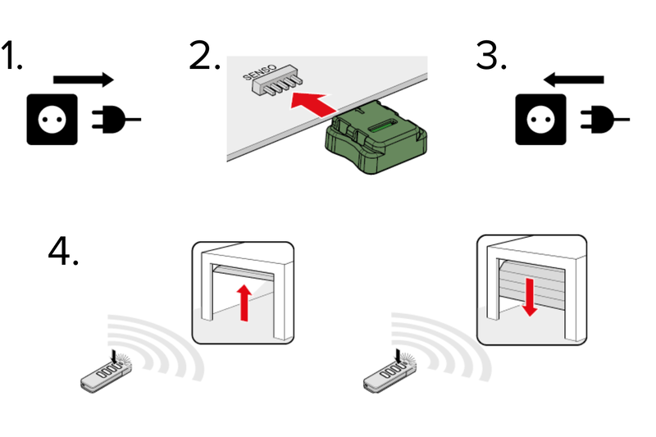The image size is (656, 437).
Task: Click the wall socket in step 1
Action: [52, 120]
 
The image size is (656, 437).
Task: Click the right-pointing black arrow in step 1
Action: [83, 80]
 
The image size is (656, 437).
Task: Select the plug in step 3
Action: [600, 120]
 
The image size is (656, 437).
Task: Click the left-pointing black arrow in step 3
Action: [574, 80]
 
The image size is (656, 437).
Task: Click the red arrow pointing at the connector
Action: [316, 103]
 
